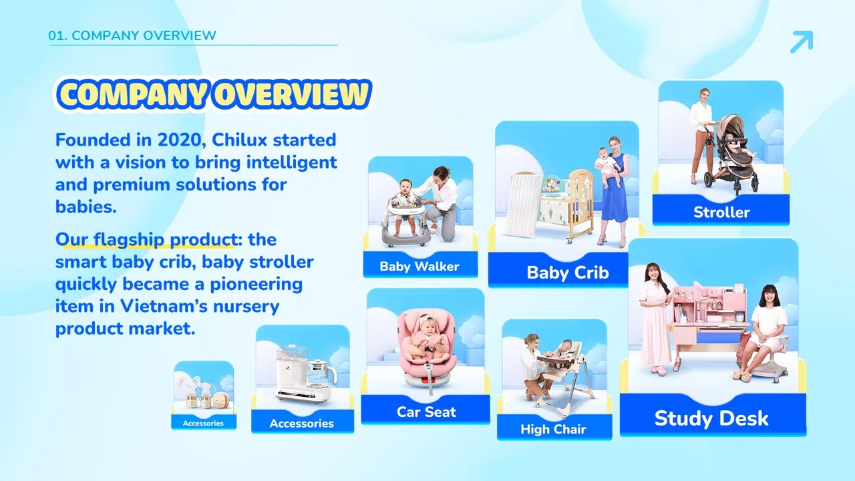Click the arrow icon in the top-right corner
coord(802,41)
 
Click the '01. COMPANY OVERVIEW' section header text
coord(132,35)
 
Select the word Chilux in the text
coord(239,140)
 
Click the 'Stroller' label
coord(721,212)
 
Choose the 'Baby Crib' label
coord(568,273)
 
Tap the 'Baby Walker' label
coord(419,267)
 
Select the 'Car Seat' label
coord(426,412)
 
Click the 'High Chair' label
coord(553,430)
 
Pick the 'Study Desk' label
coord(711,418)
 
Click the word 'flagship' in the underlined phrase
coord(129,240)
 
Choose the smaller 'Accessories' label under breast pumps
coord(203,423)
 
